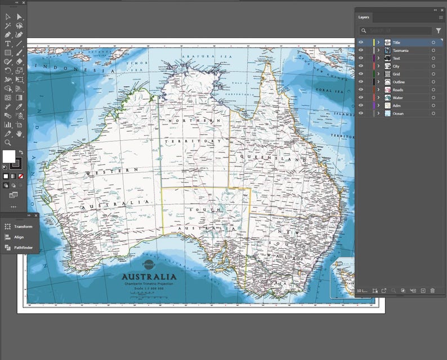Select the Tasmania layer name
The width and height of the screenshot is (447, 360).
(x=401, y=51)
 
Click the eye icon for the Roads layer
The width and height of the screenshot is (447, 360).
(x=361, y=90)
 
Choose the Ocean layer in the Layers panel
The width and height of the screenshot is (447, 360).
(x=397, y=114)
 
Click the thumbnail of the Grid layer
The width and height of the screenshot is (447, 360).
(x=388, y=74)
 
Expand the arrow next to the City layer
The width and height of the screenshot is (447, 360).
(x=379, y=66)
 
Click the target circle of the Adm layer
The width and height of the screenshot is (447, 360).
(x=433, y=106)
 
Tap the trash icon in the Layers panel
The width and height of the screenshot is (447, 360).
(x=432, y=291)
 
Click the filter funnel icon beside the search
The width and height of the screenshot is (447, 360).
(x=438, y=31)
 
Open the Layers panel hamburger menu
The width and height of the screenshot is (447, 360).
(x=441, y=17)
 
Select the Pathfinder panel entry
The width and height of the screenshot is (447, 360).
(x=23, y=247)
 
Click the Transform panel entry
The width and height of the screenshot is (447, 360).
(x=23, y=226)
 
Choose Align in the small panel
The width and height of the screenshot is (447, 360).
(x=19, y=237)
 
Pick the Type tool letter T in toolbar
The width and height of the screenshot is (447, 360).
(x=8, y=43)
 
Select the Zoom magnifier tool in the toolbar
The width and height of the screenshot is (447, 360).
(x=8, y=143)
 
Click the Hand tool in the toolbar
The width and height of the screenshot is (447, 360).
(x=19, y=134)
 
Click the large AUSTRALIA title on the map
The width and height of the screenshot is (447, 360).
(x=149, y=277)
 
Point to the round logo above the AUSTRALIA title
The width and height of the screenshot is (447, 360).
(x=149, y=264)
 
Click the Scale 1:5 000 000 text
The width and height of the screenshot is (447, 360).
(x=149, y=288)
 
